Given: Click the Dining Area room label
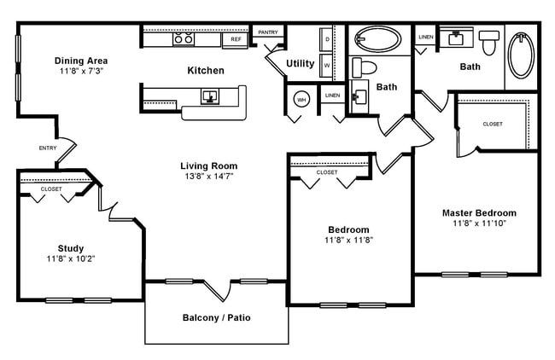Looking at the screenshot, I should [81, 61].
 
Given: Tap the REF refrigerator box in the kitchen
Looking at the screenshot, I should [234, 39].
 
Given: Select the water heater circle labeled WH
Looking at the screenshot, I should [301, 100].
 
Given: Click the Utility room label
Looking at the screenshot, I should [300, 63].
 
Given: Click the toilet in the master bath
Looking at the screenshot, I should [488, 41].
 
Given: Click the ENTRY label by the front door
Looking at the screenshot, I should [49, 148].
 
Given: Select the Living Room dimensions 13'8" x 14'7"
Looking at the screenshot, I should [208, 176].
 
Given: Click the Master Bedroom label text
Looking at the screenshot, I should [478, 212].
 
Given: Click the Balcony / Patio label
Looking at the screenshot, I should [217, 317].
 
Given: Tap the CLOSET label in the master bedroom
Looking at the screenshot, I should [492, 124].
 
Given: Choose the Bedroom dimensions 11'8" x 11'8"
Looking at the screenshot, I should [348, 240].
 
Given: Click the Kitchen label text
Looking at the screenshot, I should [206, 70].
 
